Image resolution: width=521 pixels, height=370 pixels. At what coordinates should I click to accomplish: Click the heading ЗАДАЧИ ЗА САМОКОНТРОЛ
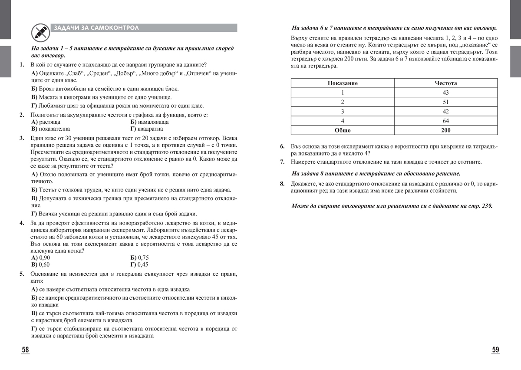(96, 28)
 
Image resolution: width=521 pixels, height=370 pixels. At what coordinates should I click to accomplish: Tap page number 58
(26, 350)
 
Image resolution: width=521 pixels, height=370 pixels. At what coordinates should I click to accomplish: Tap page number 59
(495, 350)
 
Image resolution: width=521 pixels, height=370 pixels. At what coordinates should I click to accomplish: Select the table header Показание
(343, 83)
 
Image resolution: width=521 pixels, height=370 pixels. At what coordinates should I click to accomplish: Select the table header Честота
(445, 83)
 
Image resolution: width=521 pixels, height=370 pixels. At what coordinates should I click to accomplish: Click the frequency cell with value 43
(445, 92)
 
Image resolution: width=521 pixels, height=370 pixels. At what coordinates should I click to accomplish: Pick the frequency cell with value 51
(445, 102)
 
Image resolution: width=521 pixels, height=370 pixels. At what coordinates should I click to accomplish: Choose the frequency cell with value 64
(445, 121)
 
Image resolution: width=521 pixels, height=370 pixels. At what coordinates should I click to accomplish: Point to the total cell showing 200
(445, 130)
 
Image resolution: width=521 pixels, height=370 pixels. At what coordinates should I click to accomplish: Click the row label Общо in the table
(343, 130)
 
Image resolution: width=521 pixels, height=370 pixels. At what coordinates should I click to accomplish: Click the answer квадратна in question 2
(146, 129)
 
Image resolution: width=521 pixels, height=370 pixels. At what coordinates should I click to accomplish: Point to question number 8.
(282, 184)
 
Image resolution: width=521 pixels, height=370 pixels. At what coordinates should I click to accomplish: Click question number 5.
(22, 274)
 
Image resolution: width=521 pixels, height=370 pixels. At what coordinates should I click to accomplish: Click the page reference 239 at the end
(487, 206)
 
